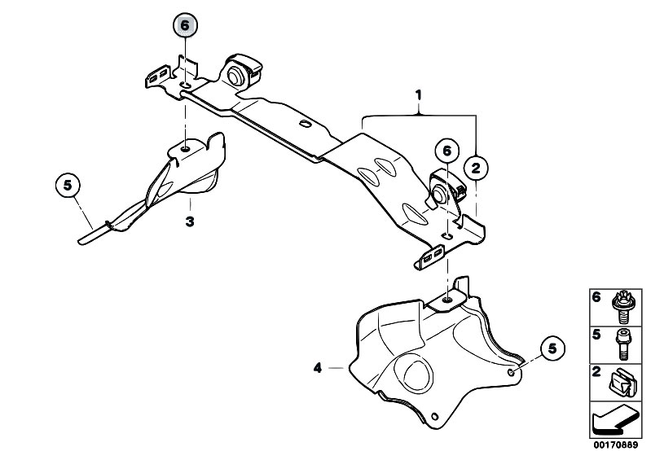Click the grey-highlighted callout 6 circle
point(185,25)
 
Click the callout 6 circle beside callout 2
point(446,151)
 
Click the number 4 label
point(319,369)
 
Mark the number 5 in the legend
point(595,334)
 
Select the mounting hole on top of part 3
point(187,147)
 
